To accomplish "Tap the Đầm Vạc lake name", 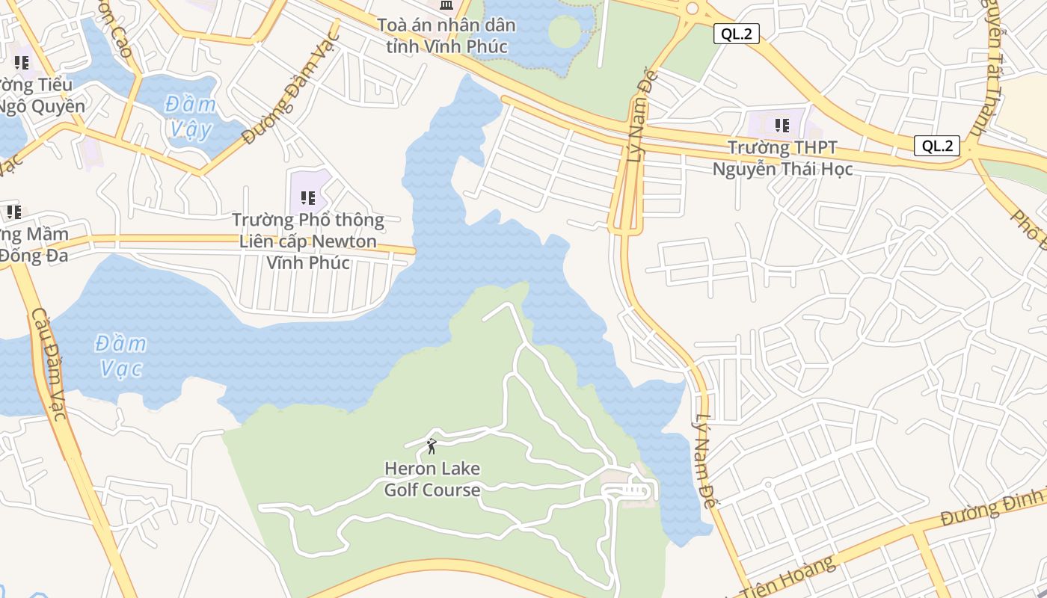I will (120, 356).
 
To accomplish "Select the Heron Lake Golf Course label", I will (432, 479).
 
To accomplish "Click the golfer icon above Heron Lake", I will (432, 446).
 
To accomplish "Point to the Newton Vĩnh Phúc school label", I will (307, 241).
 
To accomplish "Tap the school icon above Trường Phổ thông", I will (307, 198).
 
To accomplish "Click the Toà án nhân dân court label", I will (446, 35).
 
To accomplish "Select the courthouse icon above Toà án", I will (446, 6).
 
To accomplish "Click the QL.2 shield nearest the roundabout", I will (736, 34).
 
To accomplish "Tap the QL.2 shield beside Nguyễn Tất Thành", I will (936, 146).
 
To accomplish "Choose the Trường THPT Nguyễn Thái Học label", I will (782, 158).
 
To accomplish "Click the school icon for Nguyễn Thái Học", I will (782, 125).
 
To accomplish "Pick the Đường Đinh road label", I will (990, 508).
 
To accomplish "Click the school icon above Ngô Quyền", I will (22, 63).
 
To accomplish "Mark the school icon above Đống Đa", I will (13, 212).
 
